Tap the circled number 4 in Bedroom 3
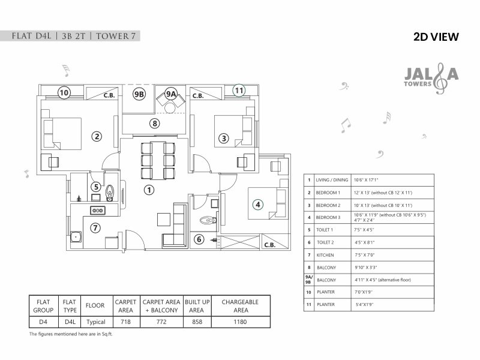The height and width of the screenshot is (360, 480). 257,204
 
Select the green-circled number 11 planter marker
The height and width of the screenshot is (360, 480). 239,91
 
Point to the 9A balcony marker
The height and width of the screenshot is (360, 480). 171,94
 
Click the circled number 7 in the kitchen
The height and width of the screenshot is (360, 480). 95,227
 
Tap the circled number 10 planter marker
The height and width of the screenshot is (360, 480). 64,92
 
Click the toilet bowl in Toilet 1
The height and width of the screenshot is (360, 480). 109,191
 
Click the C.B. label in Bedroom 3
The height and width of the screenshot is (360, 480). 269,245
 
